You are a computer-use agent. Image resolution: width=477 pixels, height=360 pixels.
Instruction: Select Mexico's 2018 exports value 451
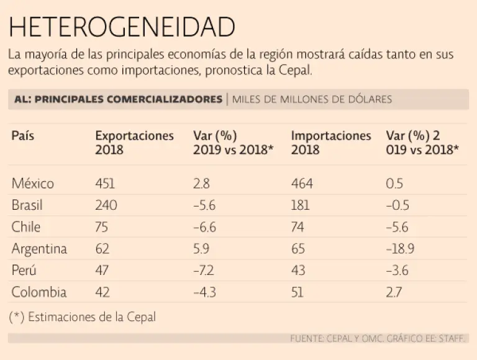point(105,183)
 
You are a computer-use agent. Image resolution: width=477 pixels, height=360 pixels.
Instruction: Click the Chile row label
point(26,227)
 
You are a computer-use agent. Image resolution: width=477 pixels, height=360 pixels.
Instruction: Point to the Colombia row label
point(39,292)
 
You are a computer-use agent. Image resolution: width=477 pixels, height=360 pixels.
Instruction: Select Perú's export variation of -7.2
point(204,271)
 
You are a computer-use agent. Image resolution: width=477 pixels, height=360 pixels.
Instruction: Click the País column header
point(23,136)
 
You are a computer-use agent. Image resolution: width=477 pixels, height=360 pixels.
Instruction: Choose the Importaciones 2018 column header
point(331,143)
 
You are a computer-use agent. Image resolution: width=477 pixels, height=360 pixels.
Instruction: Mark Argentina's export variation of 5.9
point(202,249)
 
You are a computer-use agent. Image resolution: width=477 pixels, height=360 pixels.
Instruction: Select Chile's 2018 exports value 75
point(102,227)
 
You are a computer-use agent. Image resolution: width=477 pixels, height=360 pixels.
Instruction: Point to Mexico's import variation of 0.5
point(394,183)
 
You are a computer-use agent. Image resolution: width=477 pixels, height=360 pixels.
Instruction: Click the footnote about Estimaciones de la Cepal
point(83,317)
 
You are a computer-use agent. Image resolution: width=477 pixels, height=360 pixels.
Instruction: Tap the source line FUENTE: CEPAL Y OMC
point(378,339)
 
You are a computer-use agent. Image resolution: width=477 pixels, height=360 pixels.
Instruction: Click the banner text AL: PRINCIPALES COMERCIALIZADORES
point(117,99)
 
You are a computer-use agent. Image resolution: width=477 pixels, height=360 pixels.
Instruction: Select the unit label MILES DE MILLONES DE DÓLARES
point(312,99)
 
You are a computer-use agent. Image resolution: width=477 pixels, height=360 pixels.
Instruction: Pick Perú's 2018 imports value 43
point(299,271)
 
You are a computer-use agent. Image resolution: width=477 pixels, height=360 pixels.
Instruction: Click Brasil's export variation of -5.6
point(204,205)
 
